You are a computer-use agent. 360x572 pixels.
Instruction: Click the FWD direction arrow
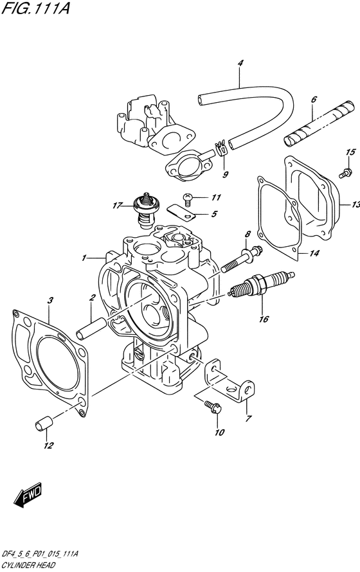[28, 496]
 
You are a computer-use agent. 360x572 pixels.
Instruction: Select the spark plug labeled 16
[261, 285]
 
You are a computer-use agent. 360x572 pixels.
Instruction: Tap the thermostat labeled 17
[145, 211]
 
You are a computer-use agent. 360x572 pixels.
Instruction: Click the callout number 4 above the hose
[240, 63]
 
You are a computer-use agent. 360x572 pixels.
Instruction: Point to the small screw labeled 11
[188, 198]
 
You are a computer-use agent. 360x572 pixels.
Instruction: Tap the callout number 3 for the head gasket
[50, 301]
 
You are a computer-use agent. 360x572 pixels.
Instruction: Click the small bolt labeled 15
[345, 172]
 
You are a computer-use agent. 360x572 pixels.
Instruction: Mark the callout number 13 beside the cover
[355, 204]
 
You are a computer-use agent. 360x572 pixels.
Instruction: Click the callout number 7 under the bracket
[248, 418]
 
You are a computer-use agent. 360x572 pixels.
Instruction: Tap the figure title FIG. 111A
[35, 8]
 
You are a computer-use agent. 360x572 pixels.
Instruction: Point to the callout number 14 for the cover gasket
[314, 253]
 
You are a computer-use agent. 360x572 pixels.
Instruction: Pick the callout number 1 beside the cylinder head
[84, 258]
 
